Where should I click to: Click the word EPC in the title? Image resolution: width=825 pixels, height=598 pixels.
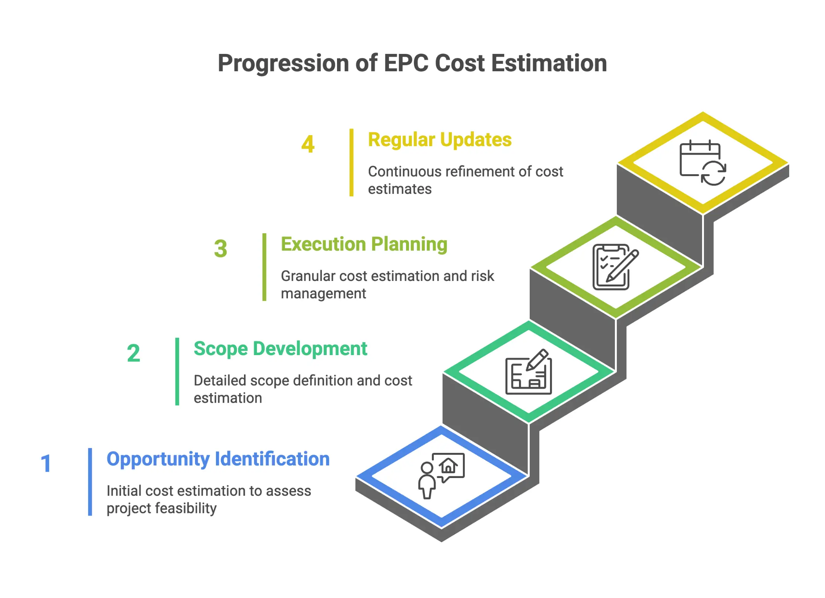point(406,63)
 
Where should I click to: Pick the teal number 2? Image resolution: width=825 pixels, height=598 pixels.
point(134,353)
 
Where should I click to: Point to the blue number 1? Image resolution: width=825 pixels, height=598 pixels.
point(46,464)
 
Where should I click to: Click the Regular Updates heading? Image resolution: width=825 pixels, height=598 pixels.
point(440,140)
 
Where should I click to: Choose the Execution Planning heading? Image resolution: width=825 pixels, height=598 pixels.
point(364,244)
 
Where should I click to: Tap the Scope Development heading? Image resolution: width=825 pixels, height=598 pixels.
point(280,349)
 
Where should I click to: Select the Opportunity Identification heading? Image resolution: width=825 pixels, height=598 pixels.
point(218,459)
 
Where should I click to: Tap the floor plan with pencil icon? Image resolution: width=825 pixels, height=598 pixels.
point(529,372)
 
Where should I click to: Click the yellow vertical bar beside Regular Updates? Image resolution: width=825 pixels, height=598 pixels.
point(351,162)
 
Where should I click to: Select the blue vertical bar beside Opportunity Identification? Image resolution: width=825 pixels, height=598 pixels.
point(90,482)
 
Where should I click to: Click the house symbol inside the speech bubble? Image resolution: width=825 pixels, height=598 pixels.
point(448,465)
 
